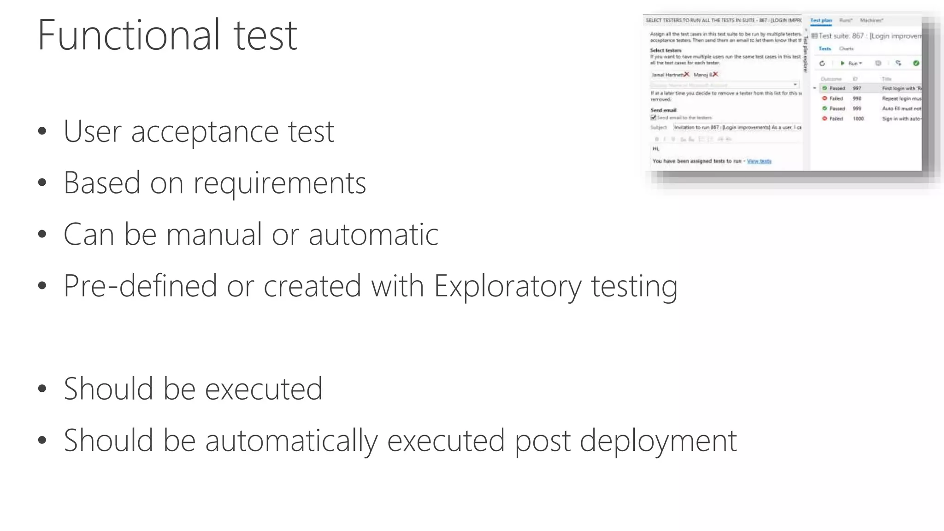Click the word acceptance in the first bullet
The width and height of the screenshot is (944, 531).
coord(205,132)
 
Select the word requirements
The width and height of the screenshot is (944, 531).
coord(279,183)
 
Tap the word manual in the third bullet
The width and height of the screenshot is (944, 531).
coord(214,235)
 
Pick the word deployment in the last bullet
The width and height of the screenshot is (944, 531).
coord(658,441)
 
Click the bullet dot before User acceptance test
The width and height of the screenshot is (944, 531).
coord(42,132)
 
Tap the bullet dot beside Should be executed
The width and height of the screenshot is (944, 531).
coord(42,389)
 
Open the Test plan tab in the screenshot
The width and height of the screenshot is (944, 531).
coord(821,20)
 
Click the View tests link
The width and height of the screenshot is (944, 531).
coord(759,161)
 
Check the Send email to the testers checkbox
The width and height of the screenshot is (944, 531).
coord(653,118)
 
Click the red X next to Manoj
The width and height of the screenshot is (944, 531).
coord(715,74)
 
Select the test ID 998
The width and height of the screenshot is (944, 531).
coord(857,99)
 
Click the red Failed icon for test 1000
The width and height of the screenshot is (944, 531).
coord(825,118)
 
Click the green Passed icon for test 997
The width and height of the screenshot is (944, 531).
coord(825,88)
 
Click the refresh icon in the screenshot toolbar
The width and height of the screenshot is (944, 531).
coord(822,64)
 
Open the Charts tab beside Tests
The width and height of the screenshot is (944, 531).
coord(846,49)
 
